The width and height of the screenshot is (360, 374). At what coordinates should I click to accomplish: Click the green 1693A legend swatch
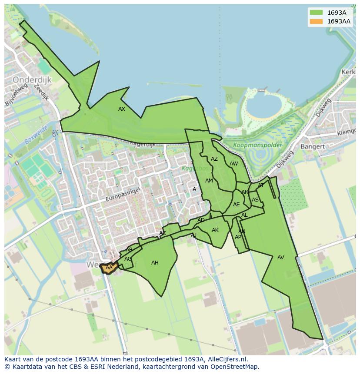(317, 13)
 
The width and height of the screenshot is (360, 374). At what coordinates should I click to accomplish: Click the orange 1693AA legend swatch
(317, 21)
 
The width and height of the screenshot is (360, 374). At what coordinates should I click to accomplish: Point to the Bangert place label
(312, 147)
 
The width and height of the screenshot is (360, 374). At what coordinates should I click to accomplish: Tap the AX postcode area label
(122, 109)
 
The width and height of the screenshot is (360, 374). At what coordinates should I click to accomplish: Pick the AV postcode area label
(281, 258)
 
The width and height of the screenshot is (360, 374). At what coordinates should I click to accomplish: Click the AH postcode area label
(155, 263)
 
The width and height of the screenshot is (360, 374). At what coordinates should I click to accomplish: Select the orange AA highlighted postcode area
(109, 268)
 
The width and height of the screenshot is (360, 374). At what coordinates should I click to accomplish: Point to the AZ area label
(214, 159)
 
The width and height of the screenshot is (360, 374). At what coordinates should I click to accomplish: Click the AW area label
(234, 164)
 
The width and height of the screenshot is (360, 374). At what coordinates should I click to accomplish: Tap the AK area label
(215, 230)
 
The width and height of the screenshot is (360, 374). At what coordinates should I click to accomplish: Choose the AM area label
(209, 181)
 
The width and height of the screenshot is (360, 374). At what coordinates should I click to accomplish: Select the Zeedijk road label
(42, 93)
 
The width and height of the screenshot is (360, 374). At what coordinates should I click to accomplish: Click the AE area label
(237, 205)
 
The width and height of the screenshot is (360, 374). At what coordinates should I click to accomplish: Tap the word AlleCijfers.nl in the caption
(227, 359)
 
